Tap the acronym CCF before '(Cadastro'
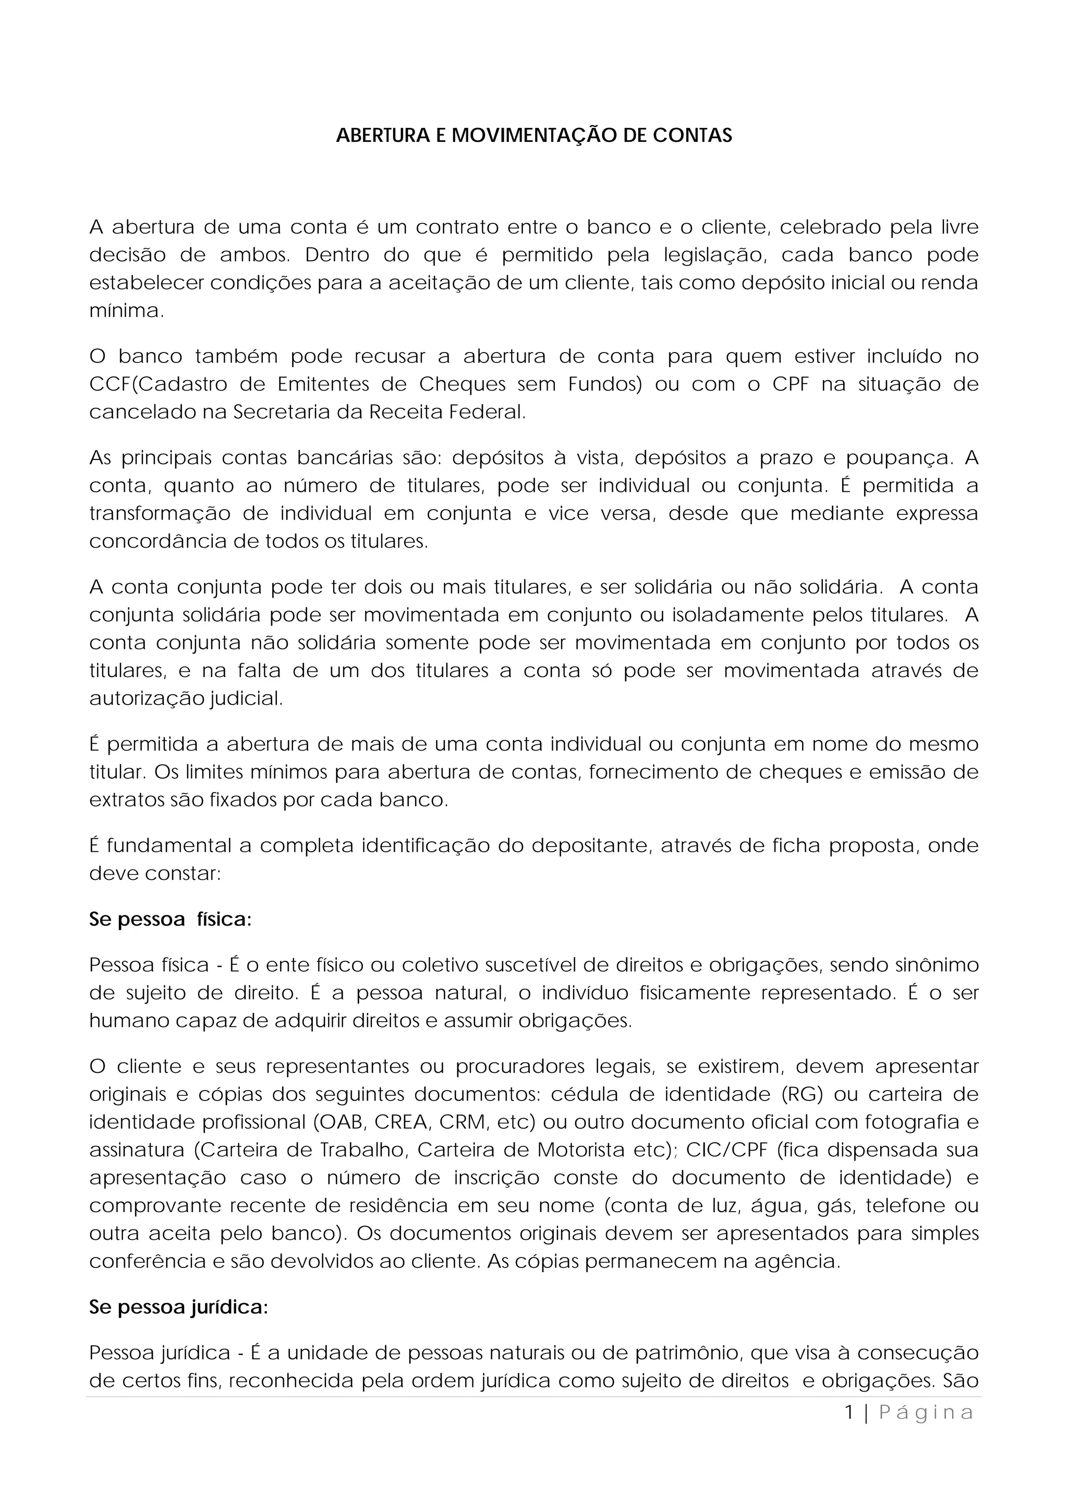105,384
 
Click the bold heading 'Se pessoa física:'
171,920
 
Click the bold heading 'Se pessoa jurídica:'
178,1308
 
